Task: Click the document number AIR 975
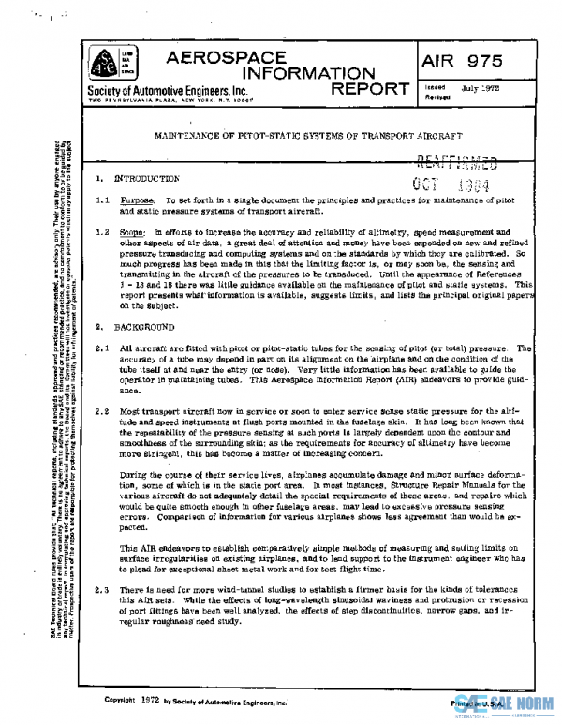point(459,62)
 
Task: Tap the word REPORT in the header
point(368,90)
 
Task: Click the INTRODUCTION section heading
point(146,178)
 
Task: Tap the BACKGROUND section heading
point(144,328)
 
